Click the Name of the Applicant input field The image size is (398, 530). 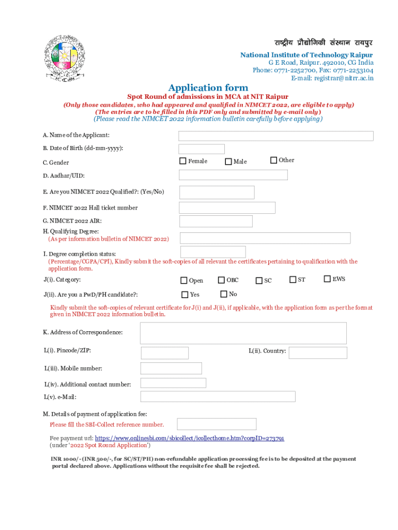point(275,136)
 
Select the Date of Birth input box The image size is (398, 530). point(202,149)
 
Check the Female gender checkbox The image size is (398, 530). point(183,161)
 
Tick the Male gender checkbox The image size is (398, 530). point(228,161)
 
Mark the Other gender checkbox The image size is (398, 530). point(273,160)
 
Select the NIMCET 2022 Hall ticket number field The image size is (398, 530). point(227,208)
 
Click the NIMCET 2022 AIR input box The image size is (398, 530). point(216,222)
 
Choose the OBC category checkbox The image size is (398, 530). point(221,280)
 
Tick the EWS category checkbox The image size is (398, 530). point(327,279)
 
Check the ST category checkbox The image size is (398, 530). point(293,279)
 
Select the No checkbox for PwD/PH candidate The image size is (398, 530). point(224,294)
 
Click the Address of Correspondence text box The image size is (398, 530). point(243,333)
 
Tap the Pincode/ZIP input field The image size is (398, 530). point(164,352)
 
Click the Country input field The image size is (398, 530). point(317,352)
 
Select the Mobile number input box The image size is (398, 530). point(171,369)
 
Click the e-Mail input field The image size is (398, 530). point(218,396)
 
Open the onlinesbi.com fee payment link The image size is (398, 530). point(190,438)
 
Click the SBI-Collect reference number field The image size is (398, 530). point(217,424)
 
